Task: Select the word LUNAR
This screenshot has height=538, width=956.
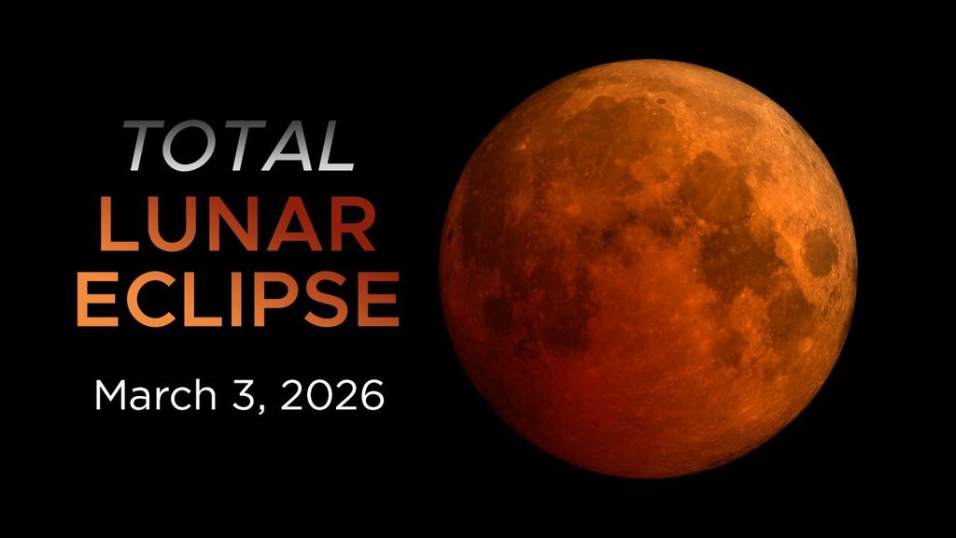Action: point(237,225)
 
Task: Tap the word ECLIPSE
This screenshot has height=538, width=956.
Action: point(237,300)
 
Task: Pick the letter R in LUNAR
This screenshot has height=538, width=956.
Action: point(352,225)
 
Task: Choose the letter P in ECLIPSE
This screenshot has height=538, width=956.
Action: point(280,300)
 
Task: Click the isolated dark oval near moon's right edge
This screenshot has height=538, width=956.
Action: point(820,252)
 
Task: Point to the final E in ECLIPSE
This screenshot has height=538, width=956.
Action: point(378,300)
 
